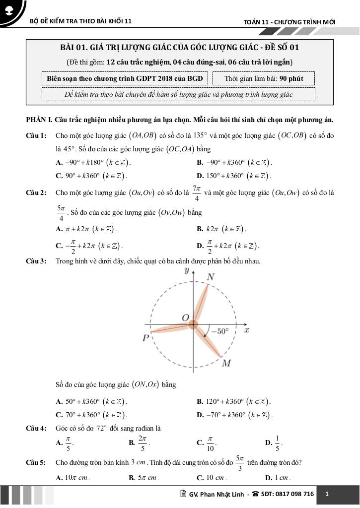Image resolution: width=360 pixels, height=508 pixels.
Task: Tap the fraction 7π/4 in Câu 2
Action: tap(197, 193)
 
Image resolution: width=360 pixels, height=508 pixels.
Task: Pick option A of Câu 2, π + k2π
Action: tap(87, 229)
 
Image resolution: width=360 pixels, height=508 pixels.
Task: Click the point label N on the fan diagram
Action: tap(211, 277)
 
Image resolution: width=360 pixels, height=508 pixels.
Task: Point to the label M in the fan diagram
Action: tap(226, 364)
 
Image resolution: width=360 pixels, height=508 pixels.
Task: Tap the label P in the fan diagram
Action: tap(145, 338)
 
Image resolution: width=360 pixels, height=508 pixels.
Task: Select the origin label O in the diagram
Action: tap(185, 317)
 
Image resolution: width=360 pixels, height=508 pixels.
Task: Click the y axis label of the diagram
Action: tap(187, 270)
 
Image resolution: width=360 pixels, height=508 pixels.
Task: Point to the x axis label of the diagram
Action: tap(246, 330)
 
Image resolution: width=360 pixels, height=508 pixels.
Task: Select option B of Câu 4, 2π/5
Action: tap(139, 443)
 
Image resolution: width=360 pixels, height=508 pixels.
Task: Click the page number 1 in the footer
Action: tap(327, 494)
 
